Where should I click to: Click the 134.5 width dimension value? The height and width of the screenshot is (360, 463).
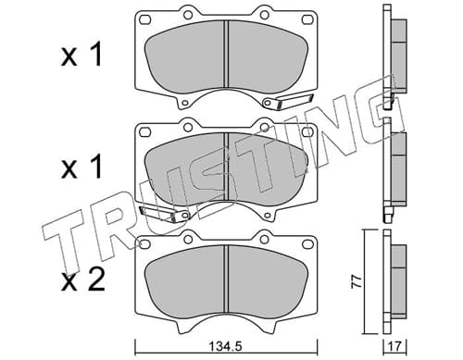click(x=226, y=346)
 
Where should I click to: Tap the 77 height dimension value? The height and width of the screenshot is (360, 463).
click(x=357, y=282)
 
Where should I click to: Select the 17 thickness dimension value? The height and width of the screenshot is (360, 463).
click(x=395, y=346)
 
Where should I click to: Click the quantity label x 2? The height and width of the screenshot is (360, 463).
click(x=83, y=280)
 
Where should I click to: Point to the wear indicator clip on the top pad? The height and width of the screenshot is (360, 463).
click(x=288, y=102)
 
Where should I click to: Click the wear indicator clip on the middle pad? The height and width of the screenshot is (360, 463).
click(x=164, y=214)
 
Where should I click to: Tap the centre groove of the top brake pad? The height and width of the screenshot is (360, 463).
click(x=227, y=55)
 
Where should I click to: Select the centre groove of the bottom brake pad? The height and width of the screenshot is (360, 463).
click(x=227, y=279)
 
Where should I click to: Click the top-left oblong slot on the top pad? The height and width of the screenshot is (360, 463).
click(x=144, y=19)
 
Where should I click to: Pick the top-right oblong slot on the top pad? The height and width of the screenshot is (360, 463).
click(x=307, y=19)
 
